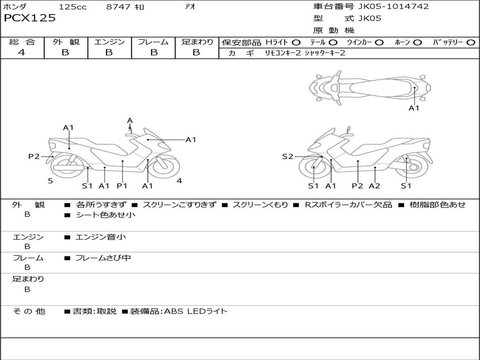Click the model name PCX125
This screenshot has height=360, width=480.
(x=30, y=18)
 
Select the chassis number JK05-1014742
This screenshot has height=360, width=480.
(x=393, y=6)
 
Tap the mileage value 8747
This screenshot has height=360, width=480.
(x=118, y=7)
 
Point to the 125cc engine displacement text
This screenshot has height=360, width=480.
(x=73, y=7)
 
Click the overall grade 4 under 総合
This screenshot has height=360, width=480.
(x=22, y=52)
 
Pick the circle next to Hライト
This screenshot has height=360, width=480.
(x=296, y=43)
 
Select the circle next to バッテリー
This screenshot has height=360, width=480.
(x=471, y=43)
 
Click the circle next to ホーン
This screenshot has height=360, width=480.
(x=417, y=43)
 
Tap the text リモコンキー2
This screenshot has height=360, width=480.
(x=283, y=53)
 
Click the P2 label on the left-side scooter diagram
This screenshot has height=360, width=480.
(x=34, y=157)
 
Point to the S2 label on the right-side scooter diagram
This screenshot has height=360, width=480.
(x=288, y=157)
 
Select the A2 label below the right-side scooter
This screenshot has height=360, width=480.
(x=375, y=186)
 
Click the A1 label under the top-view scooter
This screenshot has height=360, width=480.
(x=414, y=108)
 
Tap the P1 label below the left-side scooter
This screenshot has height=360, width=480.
(x=122, y=186)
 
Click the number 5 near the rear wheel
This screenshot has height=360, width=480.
(x=51, y=181)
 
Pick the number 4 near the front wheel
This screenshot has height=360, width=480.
(x=180, y=181)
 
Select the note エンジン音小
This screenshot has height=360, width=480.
(x=100, y=237)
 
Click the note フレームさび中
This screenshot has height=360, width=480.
(x=103, y=258)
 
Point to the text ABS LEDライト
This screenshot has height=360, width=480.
(x=196, y=311)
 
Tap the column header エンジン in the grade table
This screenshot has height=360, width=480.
(x=109, y=42)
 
